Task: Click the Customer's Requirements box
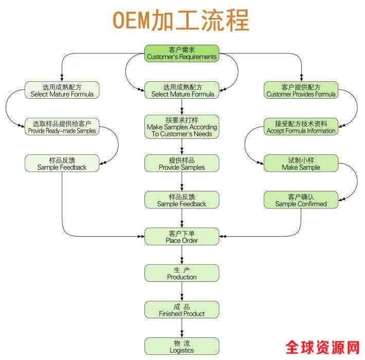[181, 53]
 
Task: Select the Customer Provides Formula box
[301, 91]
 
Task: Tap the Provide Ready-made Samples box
[62, 127]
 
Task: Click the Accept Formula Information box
[301, 127]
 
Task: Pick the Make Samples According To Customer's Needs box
[181, 127]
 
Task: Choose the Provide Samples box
[181, 164]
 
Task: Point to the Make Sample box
[301, 164]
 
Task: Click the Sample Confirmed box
[301, 200]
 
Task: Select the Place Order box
[181, 237]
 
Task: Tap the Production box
[181, 273]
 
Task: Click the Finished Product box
[181, 310]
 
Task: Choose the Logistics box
[181, 346]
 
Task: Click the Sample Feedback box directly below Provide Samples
[181, 200]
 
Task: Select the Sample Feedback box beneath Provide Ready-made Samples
[62, 164]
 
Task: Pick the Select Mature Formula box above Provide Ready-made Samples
[62, 91]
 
